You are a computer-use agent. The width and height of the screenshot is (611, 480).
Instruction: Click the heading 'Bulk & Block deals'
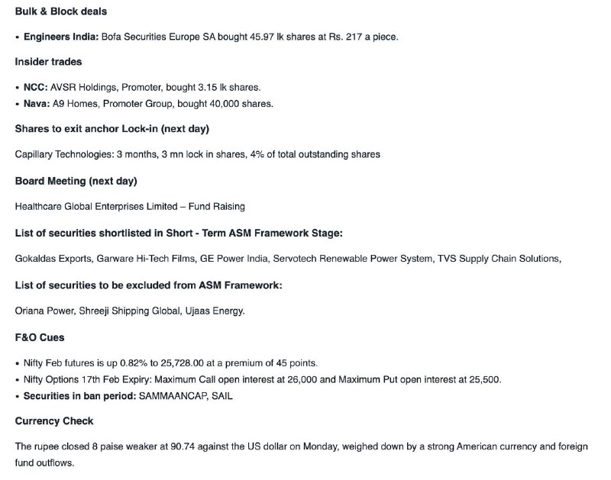pos(61,11)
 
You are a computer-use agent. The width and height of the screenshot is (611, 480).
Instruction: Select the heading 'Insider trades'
pos(49,62)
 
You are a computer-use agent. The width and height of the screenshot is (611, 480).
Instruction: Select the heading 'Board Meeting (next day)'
pos(76,181)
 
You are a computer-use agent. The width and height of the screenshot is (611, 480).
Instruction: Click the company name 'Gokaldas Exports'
pos(53,259)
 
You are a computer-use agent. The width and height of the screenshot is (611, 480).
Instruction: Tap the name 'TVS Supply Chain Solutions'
pos(498,259)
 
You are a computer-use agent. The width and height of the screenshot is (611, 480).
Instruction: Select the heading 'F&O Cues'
pos(40,337)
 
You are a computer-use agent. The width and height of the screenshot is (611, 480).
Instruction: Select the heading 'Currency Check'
pos(53,421)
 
